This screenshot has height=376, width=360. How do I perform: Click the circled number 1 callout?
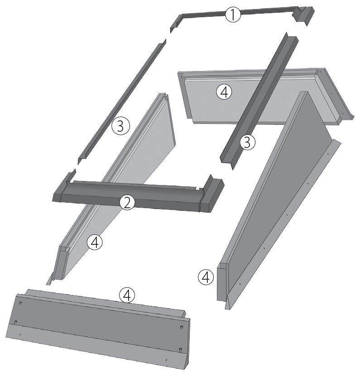[x=233, y=14]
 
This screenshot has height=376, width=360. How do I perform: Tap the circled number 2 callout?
[x=127, y=203]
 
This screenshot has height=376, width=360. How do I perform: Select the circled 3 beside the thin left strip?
[x=120, y=126]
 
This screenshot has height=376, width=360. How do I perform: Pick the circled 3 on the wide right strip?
[x=247, y=142]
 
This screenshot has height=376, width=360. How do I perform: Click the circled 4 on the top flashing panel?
[x=224, y=92]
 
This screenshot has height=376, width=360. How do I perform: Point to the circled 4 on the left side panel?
[x=95, y=243]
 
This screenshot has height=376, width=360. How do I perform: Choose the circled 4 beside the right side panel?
[x=206, y=277]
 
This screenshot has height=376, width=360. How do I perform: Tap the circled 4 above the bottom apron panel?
[x=127, y=295]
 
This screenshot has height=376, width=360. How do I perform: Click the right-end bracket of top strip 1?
[x=303, y=15]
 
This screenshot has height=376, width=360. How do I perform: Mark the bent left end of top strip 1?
[x=176, y=22]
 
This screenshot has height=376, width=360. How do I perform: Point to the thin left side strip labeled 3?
[x=122, y=100]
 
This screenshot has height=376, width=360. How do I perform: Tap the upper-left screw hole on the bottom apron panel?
[x=20, y=303]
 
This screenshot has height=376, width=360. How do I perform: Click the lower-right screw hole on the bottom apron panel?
[x=181, y=349]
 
